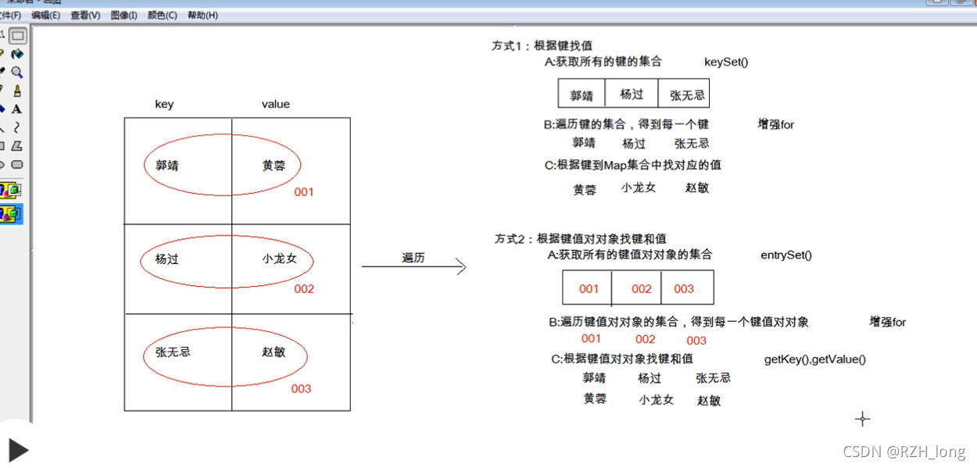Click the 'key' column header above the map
point(164,104)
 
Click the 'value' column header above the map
point(275,104)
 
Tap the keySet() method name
point(726,62)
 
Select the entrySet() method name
point(786,255)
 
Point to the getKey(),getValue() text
point(815,359)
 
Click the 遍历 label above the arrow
point(413,258)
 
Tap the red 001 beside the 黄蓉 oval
point(304,191)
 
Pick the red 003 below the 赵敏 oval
point(301,388)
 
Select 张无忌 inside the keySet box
point(687,95)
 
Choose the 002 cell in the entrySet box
point(642,289)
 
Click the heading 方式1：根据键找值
point(542,46)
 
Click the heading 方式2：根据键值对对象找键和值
point(580,239)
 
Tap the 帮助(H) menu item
point(202,16)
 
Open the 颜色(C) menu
point(163,16)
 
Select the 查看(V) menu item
point(85,16)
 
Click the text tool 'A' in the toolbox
point(16,109)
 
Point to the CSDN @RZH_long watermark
point(904,452)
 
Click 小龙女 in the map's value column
point(280,259)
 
